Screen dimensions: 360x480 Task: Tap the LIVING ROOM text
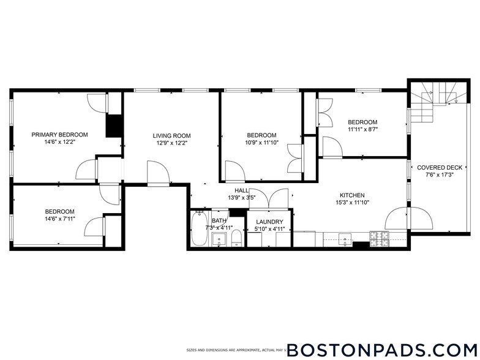point(171,136)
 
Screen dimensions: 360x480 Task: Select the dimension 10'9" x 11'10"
point(261,143)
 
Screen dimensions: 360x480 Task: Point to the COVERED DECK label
point(439,167)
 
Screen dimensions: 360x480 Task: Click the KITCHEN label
point(350,195)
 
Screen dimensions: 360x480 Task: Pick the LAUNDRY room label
point(269,222)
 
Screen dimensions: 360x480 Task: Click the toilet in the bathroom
point(235,239)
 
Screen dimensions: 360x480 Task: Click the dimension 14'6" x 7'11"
point(59,219)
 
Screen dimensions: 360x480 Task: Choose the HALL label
point(233,190)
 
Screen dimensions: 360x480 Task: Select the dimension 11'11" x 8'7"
point(362,129)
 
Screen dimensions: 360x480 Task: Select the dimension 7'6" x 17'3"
point(439,174)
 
